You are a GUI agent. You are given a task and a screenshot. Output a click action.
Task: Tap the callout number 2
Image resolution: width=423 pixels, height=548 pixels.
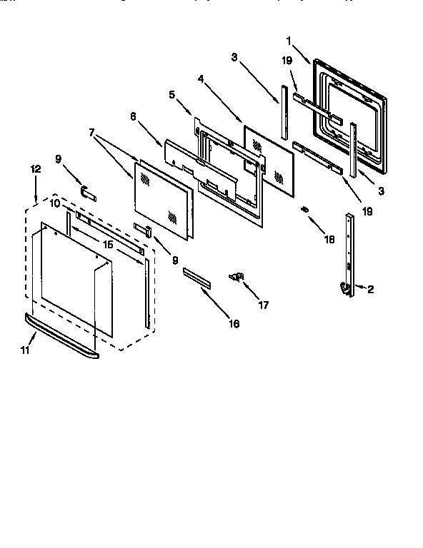click(370, 290)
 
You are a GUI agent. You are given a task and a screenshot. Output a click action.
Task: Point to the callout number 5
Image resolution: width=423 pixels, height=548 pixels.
click(172, 93)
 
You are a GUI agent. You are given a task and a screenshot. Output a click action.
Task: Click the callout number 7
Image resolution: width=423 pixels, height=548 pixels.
click(91, 132)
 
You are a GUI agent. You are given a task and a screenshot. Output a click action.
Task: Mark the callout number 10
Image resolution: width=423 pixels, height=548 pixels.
click(55, 204)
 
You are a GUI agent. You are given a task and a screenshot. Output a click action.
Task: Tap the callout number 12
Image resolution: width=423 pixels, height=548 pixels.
click(36, 169)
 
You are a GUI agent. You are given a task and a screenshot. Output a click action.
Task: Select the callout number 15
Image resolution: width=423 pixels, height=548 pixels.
click(109, 245)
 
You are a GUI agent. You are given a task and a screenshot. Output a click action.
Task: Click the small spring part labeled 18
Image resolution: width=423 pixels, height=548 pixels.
click(305, 210)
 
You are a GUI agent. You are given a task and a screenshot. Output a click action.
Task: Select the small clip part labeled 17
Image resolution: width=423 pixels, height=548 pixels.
click(237, 276)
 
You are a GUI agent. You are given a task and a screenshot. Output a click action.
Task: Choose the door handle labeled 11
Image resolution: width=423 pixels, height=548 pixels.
click(61, 335)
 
